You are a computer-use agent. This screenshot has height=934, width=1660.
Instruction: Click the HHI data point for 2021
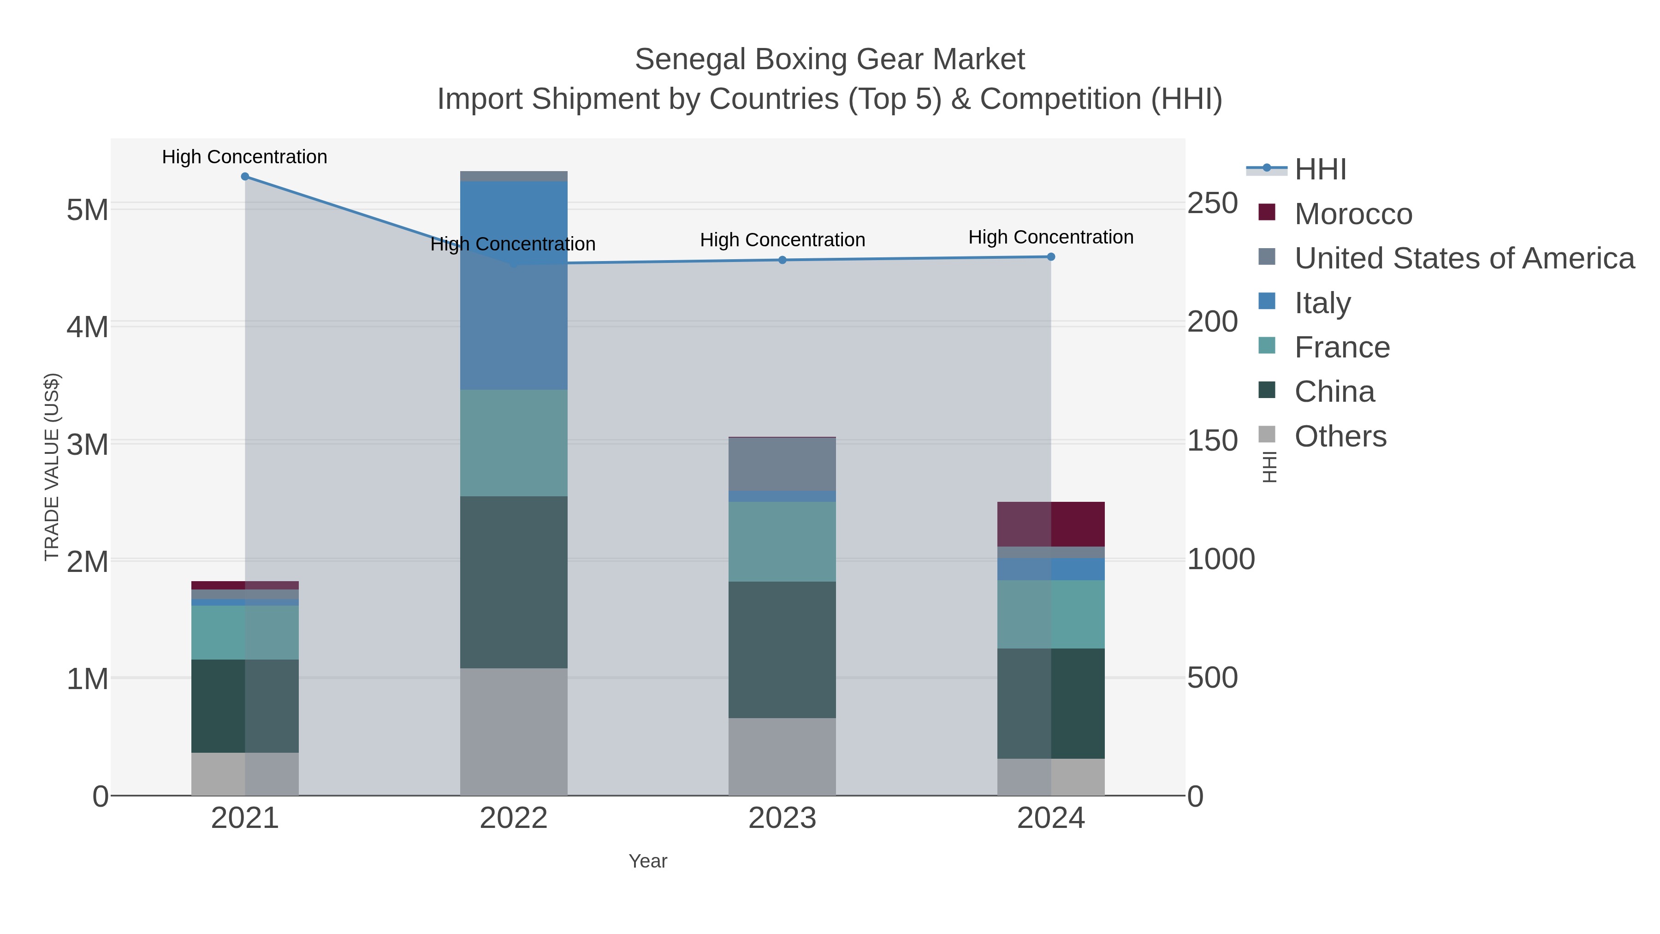(245, 177)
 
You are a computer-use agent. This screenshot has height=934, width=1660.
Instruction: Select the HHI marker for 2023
(783, 260)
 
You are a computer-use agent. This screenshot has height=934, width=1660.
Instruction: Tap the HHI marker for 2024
(1051, 256)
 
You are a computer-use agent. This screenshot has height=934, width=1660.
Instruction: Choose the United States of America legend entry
(1464, 258)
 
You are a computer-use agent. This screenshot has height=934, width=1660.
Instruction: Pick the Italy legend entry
(1322, 303)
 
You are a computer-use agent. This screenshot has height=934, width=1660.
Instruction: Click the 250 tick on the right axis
(1213, 204)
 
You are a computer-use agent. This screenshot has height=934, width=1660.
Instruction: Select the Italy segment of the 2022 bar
(514, 284)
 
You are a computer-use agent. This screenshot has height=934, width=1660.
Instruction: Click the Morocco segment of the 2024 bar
(1051, 524)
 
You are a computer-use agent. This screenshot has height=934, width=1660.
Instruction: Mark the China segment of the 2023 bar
(783, 650)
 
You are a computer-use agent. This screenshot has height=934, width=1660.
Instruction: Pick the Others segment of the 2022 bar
(514, 732)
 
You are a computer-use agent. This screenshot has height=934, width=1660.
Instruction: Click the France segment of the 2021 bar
(245, 632)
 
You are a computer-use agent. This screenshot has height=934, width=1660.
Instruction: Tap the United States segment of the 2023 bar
(783, 464)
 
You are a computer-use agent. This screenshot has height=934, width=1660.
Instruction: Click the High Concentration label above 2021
(245, 157)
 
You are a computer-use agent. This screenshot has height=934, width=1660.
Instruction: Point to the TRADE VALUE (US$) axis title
(52, 467)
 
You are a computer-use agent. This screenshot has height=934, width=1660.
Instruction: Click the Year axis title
(648, 861)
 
